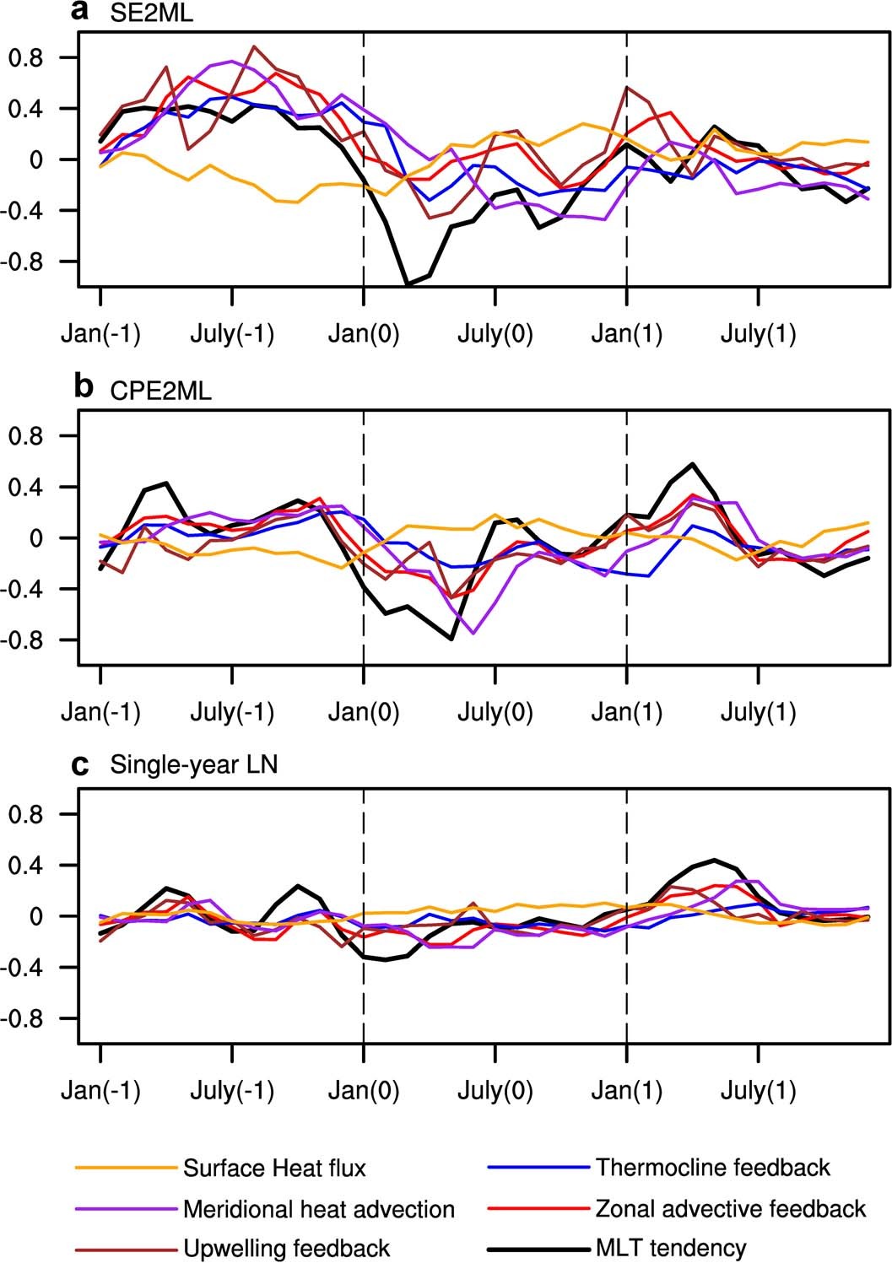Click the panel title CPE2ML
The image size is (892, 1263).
pyautogui.click(x=161, y=391)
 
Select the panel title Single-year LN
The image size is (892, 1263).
pyautogui.click(x=194, y=766)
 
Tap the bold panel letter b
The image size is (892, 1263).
pyautogui.click(x=84, y=387)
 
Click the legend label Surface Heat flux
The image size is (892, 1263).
pyautogui.click(x=274, y=1169)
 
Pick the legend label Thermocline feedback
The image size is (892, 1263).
pyautogui.click(x=713, y=1168)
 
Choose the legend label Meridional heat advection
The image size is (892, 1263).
pyautogui.click(x=319, y=1209)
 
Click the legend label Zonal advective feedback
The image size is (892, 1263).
pyautogui.click(x=731, y=1209)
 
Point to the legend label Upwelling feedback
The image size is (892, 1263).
pyautogui.click(x=286, y=1248)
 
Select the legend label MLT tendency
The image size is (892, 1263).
pyautogui.click(x=671, y=1248)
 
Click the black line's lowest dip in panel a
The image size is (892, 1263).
pyautogui.click(x=408, y=285)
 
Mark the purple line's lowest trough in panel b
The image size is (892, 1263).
pyautogui.click(x=474, y=633)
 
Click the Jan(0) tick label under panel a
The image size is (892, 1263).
pyautogui.click(x=364, y=335)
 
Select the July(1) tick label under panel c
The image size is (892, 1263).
pyautogui.click(x=759, y=1092)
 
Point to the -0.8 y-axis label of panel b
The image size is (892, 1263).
pyautogui.click(x=30, y=640)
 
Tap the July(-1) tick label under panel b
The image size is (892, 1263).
pyautogui.click(x=232, y=713)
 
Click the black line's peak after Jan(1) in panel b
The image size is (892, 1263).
pyautogui.click(x=693, y=464)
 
